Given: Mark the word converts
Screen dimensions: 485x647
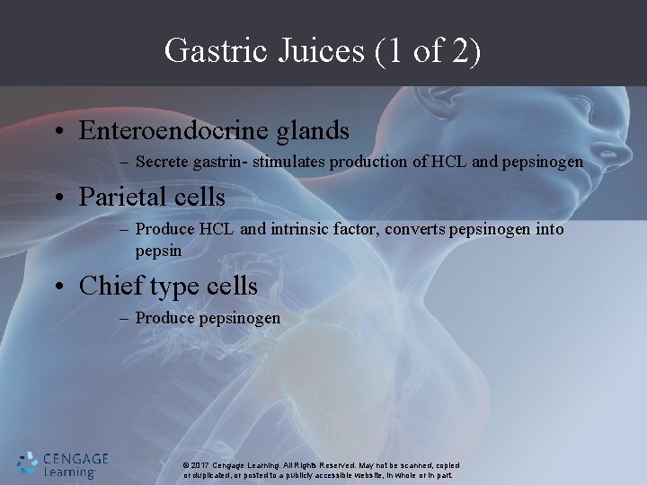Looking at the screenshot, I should (413, 230).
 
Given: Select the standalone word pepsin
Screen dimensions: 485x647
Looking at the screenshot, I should (158, 251).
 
